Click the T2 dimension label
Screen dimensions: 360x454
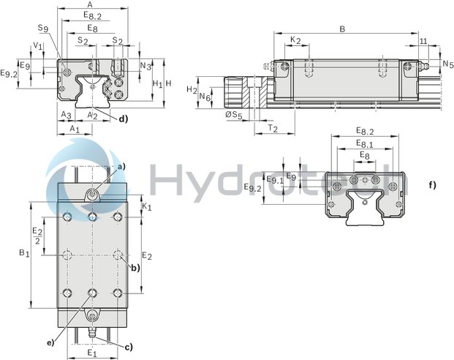tap(272, 128)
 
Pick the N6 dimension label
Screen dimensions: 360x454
tap(205, 98)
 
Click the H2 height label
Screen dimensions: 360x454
tap(192, 89)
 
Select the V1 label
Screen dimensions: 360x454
tap(37, 45)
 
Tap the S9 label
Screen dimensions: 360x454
tap(44, 29)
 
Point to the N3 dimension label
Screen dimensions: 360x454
tap(145, 67)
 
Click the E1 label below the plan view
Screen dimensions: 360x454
tap(92, 353)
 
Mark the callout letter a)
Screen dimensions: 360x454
tap(122, 166)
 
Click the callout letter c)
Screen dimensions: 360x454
tap(128, 346)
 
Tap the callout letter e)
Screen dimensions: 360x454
tap(50, 342)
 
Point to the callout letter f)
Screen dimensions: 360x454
tap(433, 184)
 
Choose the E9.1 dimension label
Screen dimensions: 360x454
tap(273, 180)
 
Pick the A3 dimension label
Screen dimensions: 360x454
tap(66, 115)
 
